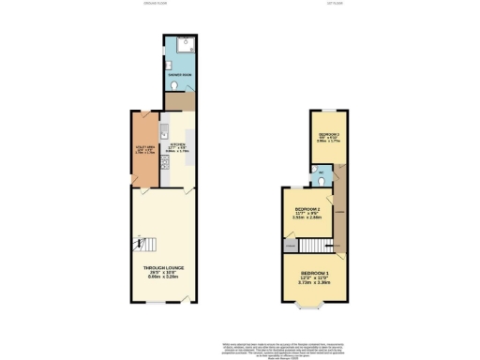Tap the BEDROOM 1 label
pos(314,272)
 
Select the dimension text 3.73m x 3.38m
pos(314,283)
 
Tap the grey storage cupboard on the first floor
pos(290,246)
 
